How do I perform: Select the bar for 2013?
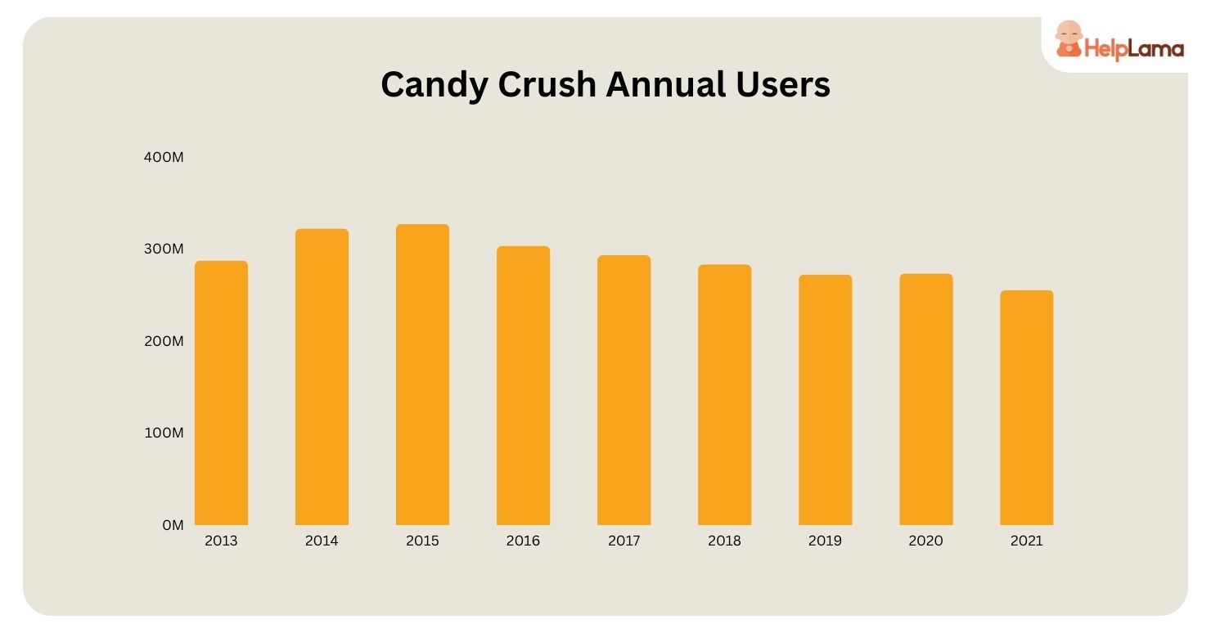coord(221,393)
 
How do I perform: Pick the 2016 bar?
coord(523,385)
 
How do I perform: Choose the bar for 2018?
coord(724,394)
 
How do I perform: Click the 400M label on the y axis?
coord(164,156)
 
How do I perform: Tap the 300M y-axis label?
coord(164,249)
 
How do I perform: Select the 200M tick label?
coord(164,341)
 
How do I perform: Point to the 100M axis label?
coord(164,433)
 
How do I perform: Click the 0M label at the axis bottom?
coord(173,525)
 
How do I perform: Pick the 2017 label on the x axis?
coord(624,541)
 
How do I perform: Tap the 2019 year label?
coord(825,541)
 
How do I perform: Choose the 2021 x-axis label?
coord(1026,541)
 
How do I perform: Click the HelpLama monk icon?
coord(1067,39)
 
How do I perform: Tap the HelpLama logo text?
coord(1134,49)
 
